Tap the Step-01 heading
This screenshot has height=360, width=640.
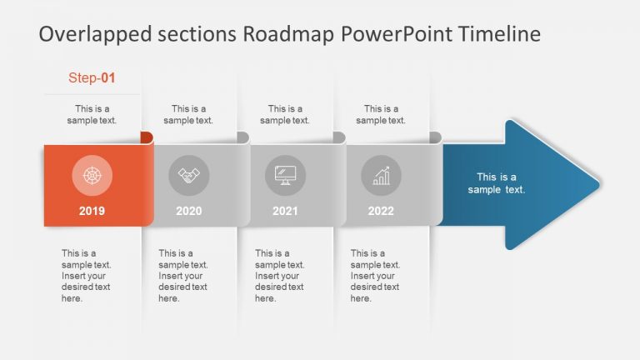coord(92,78)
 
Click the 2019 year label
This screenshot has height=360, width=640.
coord(92,211)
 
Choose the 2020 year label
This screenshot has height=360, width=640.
coord(189,211)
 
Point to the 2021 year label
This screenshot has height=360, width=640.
coord(285,211)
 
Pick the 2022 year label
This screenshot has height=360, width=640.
coord(381,211)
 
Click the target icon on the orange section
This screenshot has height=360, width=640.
coord(92,176)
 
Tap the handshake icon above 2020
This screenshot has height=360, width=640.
coord(189,176)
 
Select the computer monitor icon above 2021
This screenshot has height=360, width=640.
coord(286,176)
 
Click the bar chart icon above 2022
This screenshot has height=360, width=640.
coord(382,176)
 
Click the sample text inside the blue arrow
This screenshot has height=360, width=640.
coord(497,183)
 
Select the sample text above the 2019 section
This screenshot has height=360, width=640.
coord(92,114)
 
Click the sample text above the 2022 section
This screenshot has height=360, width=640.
coord(381,114)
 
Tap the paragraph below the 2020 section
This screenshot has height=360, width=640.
coord(182,276)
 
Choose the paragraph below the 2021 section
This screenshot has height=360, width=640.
coord(279,276)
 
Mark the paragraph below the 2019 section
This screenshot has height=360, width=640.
coord(86,276)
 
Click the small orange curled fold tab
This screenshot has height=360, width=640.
coord(147,137)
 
